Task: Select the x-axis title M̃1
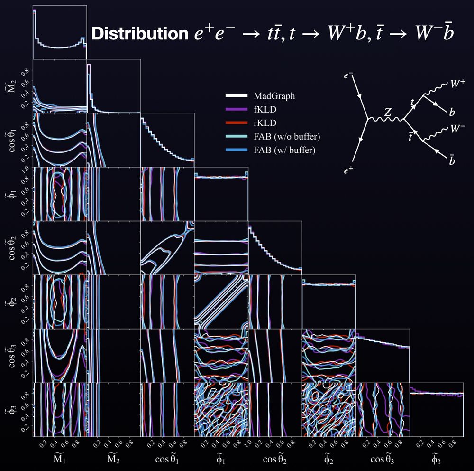tap(60, 457)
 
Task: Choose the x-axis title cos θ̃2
tap(274, 457)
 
